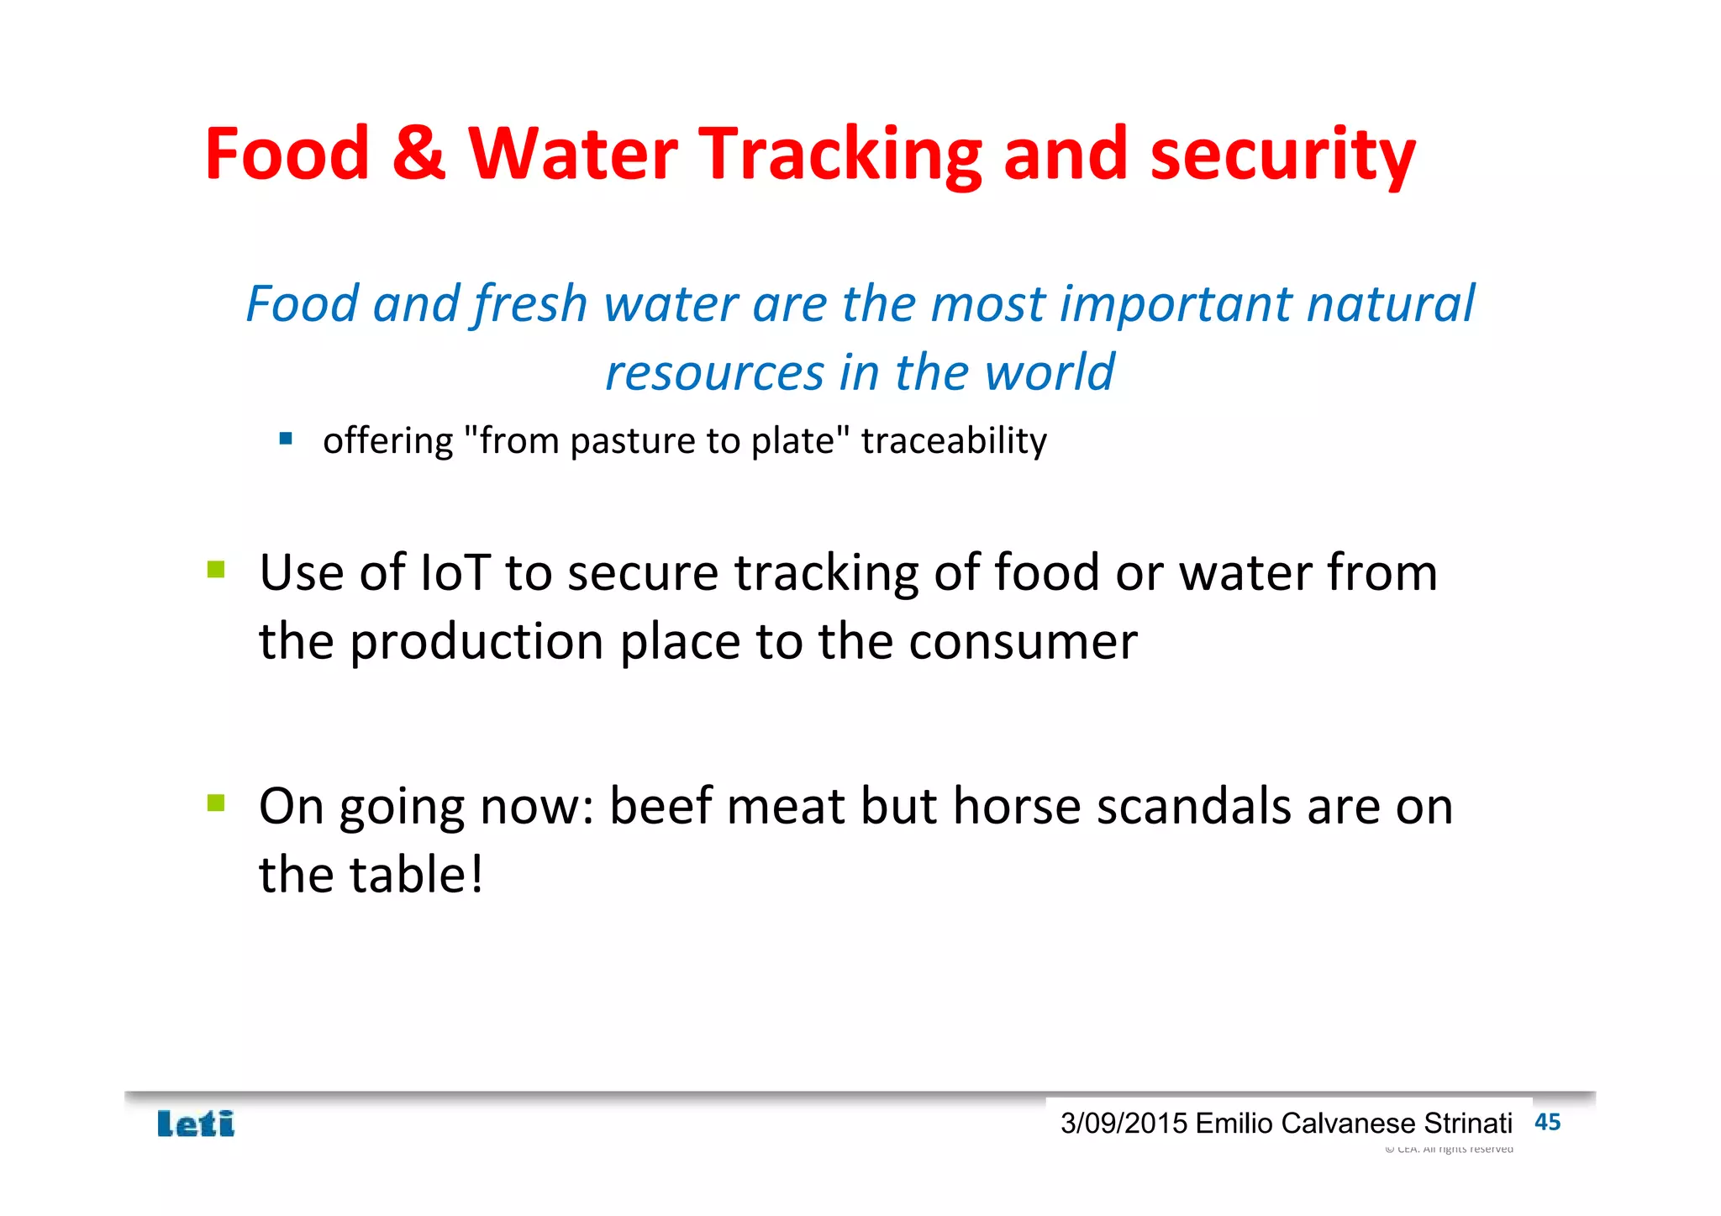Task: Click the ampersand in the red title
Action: point(418,153)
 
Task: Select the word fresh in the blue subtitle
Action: point(530,303)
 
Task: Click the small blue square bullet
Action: point(286,438)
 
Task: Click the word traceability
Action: point(954,441)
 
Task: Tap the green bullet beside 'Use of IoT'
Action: point(216,570)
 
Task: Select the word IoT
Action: point(454,573)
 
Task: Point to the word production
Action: point(476,642)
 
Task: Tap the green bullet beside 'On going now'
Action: point(216,803)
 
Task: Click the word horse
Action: point(1017,807)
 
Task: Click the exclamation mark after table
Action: point(476,875)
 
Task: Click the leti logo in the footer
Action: point(196,1124)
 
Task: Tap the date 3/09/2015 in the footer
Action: point(1124,1124)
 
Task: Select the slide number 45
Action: point(1547,1122)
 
